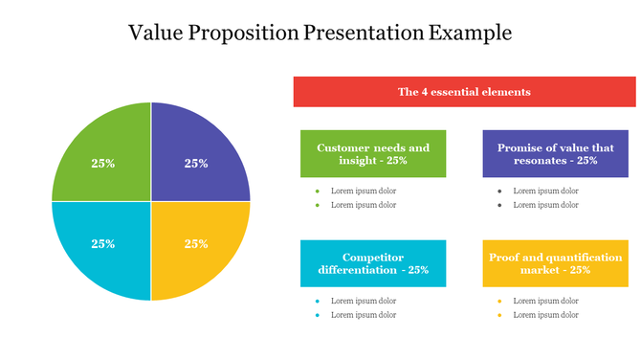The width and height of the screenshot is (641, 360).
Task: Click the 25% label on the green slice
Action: tap(103, 164)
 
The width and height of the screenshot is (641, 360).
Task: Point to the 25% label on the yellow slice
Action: tap(196, 243)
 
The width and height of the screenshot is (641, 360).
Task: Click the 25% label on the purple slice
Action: tap(196, 164)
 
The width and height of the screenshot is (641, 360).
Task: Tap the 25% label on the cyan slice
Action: tap(103, 243)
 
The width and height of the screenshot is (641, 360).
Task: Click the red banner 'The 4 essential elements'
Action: tap(464, 92)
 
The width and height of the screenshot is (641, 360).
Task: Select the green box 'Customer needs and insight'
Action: tap(373, 154)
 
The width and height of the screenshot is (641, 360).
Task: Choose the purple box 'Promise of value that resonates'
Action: tap(555, 154)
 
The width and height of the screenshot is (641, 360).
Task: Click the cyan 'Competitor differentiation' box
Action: tap(373, 263)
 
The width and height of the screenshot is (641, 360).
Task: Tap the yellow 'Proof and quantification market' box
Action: tap(555, 263)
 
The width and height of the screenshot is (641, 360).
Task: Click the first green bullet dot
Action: tap(317, 191)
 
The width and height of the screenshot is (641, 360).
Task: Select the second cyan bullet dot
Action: tap(317, 314)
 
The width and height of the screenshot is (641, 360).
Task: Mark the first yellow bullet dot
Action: tap(499, 301)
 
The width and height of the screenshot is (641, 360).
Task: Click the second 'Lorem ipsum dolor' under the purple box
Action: tap(545, 204)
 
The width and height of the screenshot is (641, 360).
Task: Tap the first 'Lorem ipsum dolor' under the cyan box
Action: tap(364, 301)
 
